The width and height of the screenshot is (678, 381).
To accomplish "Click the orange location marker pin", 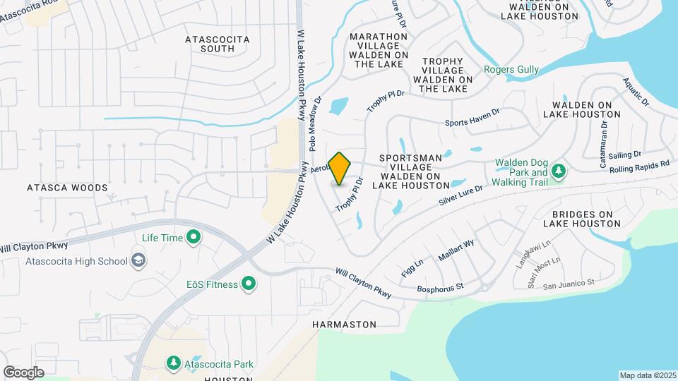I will [x=340, y=168].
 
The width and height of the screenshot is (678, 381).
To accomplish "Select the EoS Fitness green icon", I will [x=249, y=284].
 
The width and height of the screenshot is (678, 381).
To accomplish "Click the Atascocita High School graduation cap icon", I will [x=139, y=261].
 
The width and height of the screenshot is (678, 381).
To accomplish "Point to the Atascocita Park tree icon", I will [x=173, y=363].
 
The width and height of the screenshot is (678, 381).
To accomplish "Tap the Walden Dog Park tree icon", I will [x=558, y=171].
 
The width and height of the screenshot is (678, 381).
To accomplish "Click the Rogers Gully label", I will [x=511, y=69].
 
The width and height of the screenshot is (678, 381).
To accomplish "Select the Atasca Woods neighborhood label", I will [x=67, y=188].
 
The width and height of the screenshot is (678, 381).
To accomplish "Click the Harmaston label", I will [x=344, y=325].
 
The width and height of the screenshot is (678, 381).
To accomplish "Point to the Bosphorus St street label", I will [x=439, y=286].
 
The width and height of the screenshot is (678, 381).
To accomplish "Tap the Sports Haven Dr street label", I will [x=472, y=122].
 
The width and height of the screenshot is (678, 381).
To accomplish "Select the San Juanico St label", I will [x=569, y=284].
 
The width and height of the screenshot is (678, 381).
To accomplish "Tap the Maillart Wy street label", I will [x=456, y=253].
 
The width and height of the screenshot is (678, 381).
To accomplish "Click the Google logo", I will [x=23, y=372].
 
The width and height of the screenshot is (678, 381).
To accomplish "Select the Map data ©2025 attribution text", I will [x=648, y=375].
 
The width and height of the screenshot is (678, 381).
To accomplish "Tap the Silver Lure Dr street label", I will [x=460, y=195].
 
